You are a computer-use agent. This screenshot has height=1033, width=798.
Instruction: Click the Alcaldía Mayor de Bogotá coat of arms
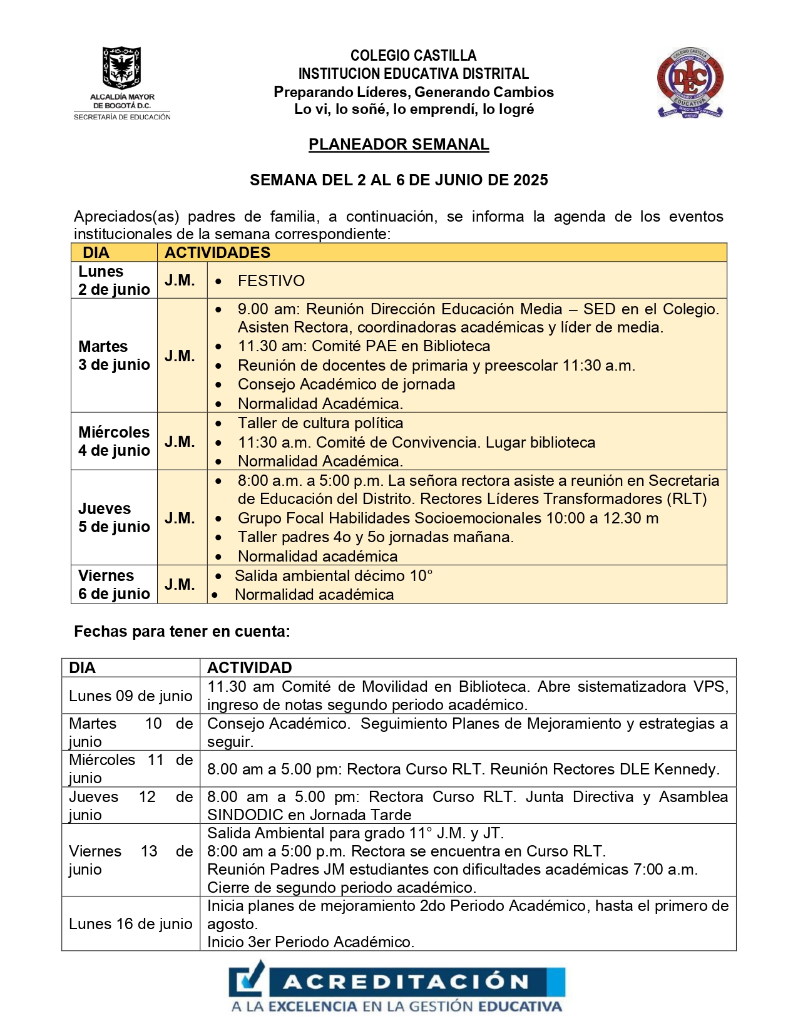click(121, 67)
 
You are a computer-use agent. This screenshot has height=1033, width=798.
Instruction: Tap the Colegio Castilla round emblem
click(690, 81)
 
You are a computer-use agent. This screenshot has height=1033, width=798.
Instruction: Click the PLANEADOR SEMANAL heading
click(399, 145)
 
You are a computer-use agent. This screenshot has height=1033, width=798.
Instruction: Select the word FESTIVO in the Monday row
click(271, 281)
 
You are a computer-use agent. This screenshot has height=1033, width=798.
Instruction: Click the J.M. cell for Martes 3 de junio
click(180, 356)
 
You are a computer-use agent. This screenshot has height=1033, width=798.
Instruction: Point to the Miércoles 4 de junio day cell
click(114, 441)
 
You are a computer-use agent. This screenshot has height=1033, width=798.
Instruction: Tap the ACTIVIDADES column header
click(217, 253)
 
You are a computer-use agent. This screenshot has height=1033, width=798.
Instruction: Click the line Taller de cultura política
click(320, 423)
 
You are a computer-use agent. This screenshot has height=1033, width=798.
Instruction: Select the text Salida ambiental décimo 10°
click(334, 576)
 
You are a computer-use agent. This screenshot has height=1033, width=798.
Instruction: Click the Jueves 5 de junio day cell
click(114, 518)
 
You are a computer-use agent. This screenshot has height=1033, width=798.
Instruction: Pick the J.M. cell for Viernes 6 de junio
click(180, 585)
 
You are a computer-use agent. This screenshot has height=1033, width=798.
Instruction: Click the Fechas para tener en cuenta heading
click(182, 632)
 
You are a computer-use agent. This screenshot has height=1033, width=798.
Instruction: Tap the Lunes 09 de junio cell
click(130, 696)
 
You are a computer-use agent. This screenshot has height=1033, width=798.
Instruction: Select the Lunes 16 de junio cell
click(130, 924)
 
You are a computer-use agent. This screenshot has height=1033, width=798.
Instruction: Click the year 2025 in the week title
click(530, 180)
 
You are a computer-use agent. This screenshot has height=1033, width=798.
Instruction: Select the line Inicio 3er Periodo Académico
click(310, 942)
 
